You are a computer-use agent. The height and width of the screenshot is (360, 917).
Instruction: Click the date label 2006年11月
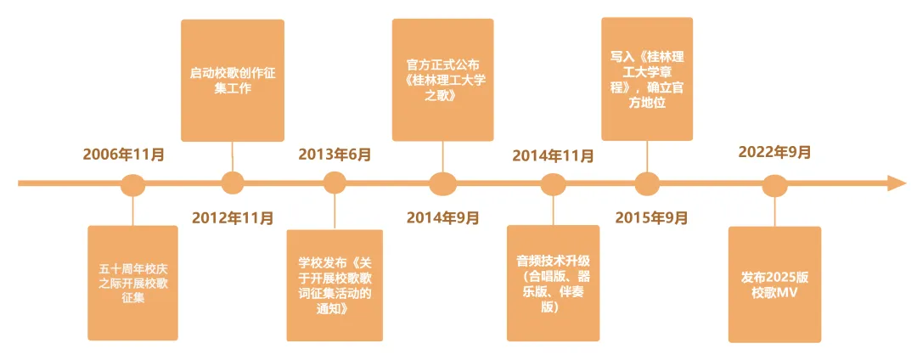coord(123,155)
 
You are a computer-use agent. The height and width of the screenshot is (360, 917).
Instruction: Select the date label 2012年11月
coord(233,217)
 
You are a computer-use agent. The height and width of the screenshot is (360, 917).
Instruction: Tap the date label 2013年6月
coord(335,155)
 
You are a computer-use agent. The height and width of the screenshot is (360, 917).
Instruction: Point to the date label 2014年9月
coord(442,217)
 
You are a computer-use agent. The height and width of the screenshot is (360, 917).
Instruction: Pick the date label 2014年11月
coord(553,155)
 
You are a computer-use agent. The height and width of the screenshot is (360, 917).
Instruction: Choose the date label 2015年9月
coord(651,217)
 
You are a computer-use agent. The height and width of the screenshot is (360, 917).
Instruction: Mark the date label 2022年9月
coord(774,152)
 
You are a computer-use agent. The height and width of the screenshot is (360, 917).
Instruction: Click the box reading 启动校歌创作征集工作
coord(233,81)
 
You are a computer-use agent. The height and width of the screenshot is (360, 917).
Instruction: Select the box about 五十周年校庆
coord(133,283)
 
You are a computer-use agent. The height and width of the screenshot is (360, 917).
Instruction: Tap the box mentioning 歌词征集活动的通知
coord(335,284)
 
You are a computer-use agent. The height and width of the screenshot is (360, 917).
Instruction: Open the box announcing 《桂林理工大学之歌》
coord(442,80)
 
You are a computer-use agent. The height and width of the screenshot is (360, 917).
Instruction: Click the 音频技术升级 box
coord(553,283)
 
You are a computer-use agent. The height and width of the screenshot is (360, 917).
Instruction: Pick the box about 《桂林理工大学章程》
coord(647,78)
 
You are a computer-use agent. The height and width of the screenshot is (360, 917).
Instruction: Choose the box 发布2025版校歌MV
coord(774,284)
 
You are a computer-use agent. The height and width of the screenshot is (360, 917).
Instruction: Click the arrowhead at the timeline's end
coord(897,183)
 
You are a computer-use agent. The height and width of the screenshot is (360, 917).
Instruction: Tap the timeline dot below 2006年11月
coord(133,183)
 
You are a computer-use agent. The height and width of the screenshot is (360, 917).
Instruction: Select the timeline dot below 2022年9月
coord(774,184)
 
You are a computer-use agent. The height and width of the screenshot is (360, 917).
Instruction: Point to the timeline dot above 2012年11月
coord(233,183)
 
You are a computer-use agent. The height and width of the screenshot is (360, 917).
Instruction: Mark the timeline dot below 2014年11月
coord(553,183)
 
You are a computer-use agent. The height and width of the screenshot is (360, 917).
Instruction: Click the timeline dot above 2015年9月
coord(647,183)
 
